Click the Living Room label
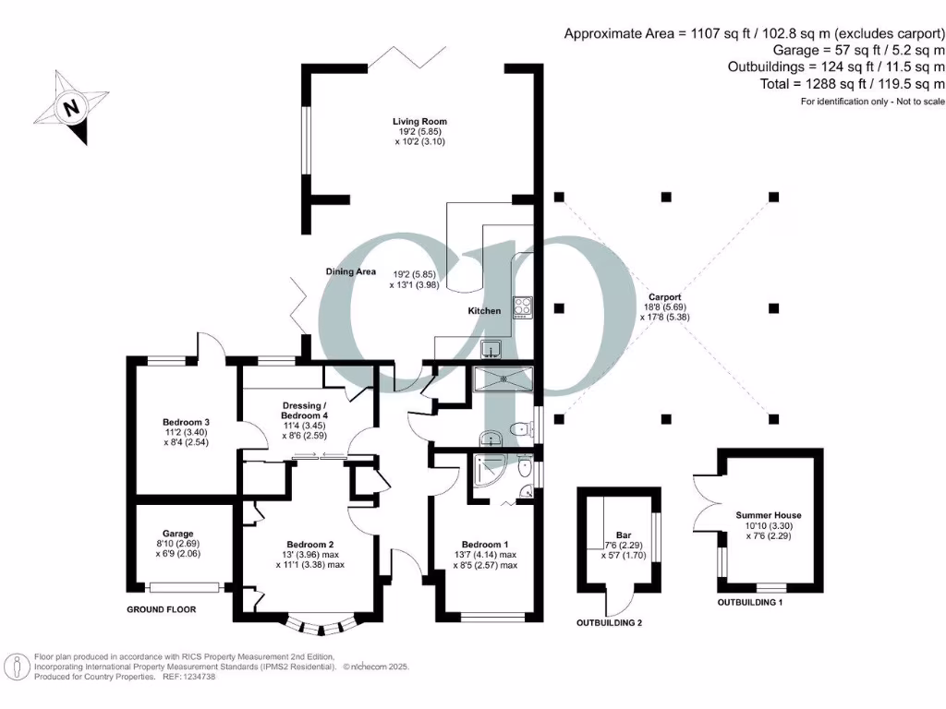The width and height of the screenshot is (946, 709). [x=419, y=121]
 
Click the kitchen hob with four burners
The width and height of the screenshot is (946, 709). [x=523, y=306]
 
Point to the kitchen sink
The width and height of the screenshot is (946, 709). [x=491, y=348]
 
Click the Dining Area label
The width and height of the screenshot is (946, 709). [x=350, y=271]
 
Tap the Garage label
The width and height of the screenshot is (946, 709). [x=178, y=534]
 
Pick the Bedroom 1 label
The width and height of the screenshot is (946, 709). [x=485, y=543]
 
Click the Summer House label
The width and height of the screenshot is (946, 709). [x=768, y=515]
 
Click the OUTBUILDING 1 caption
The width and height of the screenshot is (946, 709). [x=758, y=602]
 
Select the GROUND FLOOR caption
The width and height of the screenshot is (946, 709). [x=163, y=609]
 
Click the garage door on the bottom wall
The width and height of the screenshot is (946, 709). [x=185, y=586]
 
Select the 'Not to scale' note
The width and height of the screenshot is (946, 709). [x=906, y=101]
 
